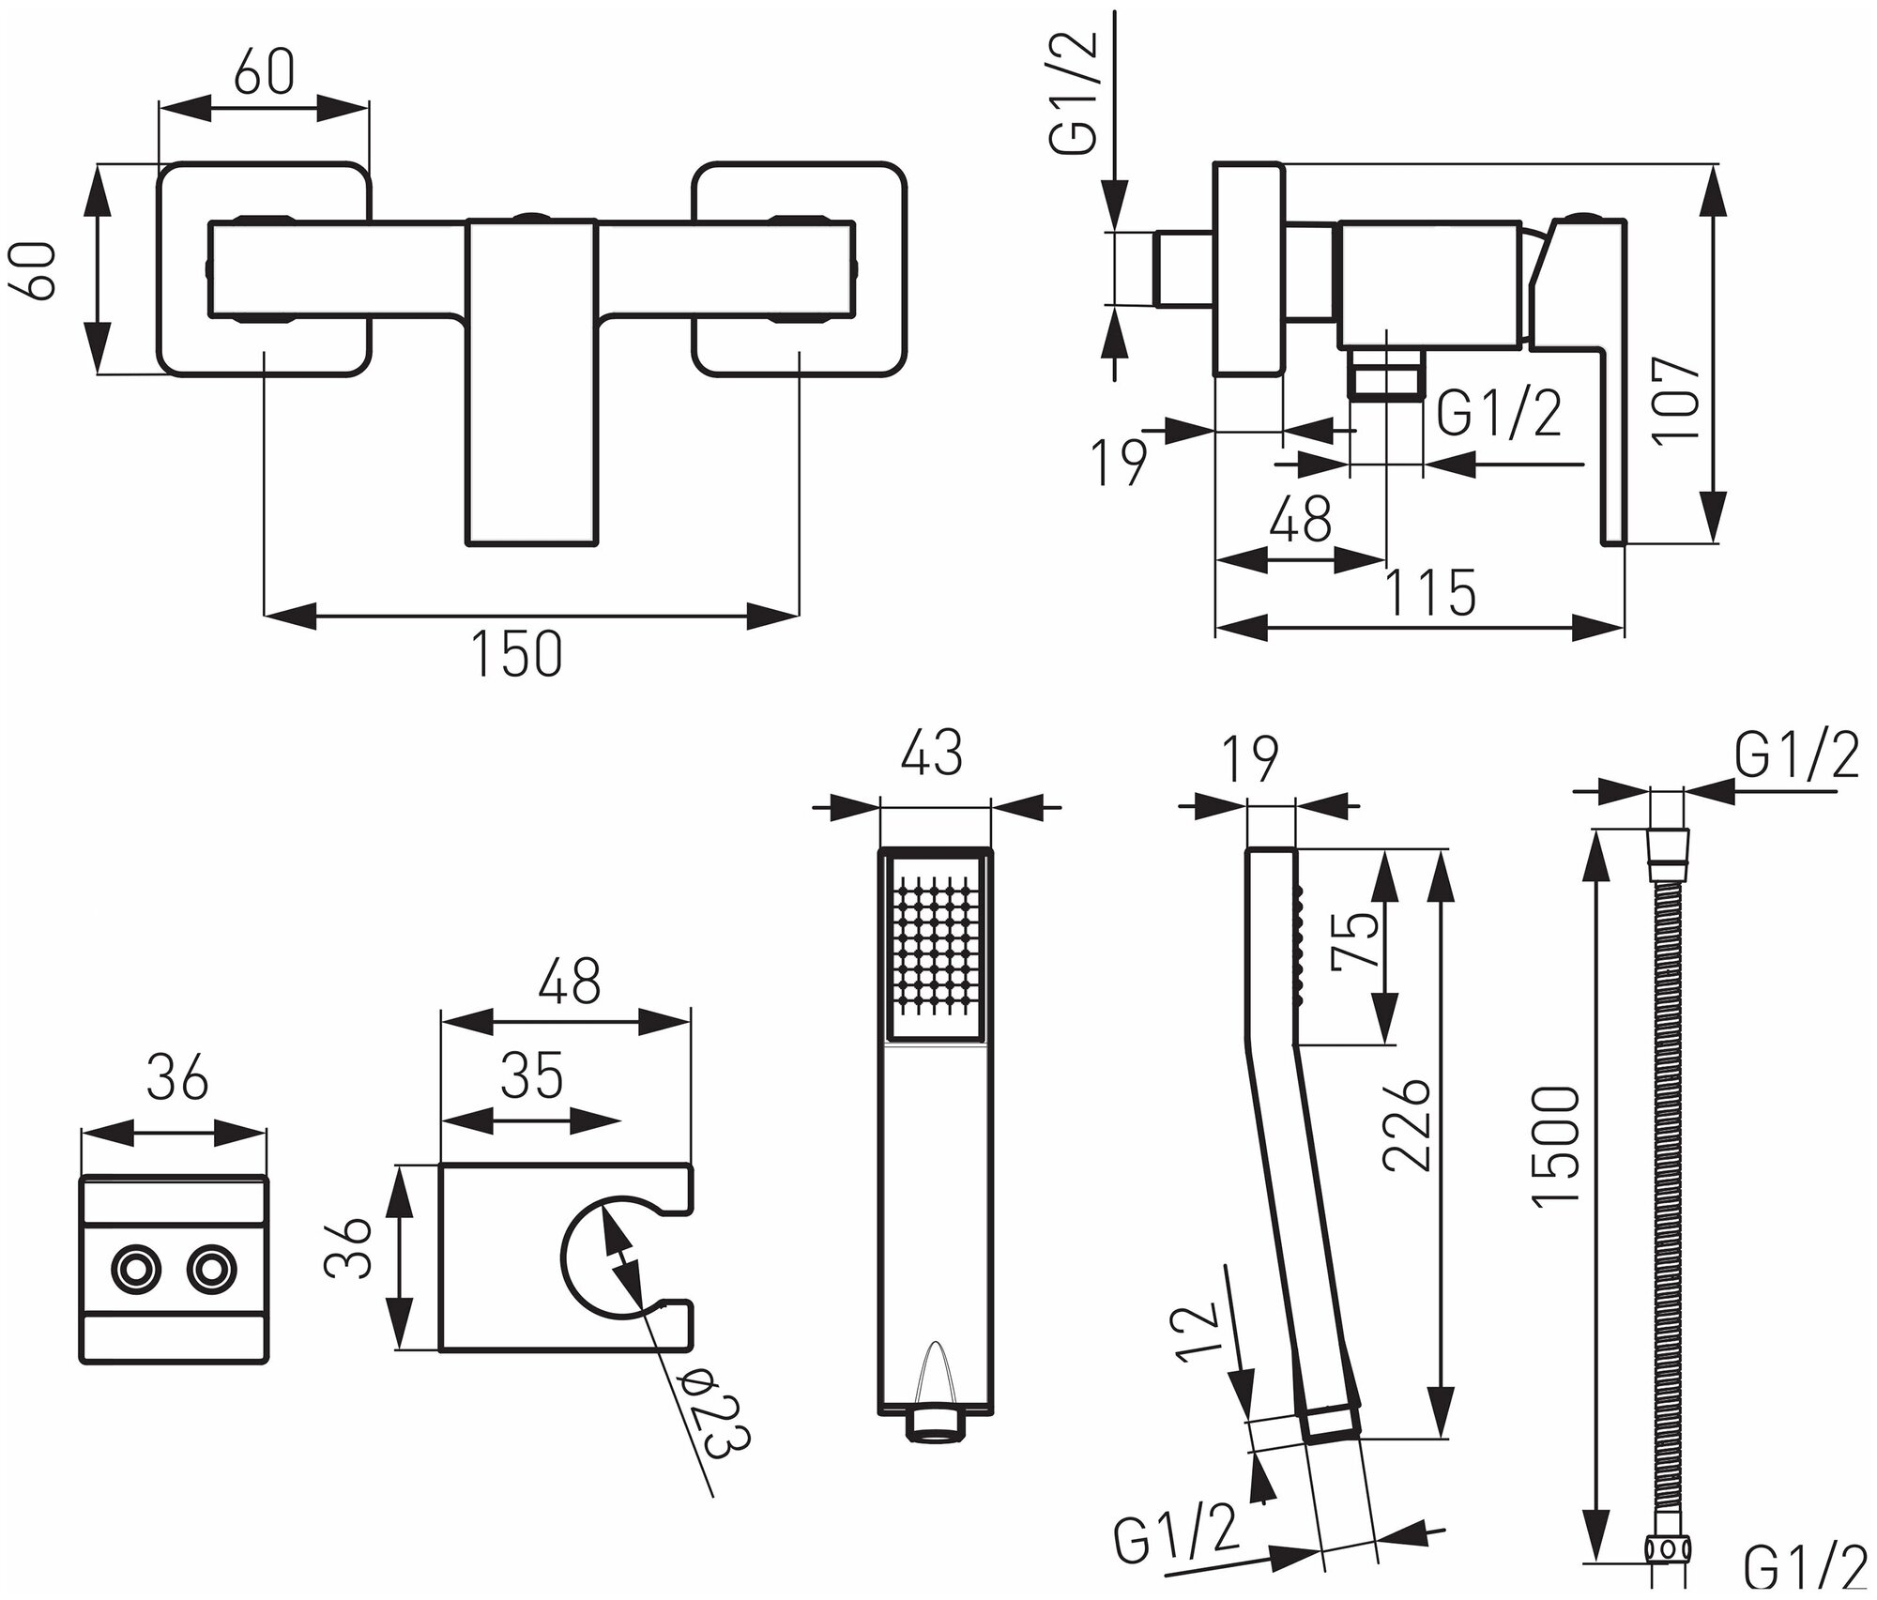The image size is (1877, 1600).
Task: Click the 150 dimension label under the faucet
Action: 517,654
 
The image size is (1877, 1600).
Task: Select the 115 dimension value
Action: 1430,593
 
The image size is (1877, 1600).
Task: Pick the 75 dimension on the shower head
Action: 1358,944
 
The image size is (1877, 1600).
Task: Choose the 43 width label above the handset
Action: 933,753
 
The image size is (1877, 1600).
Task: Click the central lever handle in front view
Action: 531,380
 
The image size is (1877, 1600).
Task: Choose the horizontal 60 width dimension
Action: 264,72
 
